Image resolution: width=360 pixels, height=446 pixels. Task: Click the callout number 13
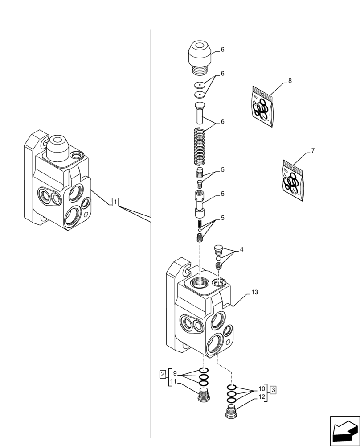[254, 292]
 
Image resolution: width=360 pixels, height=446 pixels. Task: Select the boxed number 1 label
[115, 202]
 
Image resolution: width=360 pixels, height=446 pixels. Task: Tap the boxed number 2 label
[163, 373]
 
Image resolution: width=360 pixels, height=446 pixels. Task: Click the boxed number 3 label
[273, 390]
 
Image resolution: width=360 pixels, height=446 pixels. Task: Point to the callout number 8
[290, 81]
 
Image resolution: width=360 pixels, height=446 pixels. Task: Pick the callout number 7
[313, 151]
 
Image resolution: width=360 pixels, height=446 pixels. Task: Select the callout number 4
[241, 249]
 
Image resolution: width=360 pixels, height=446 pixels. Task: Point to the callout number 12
[262, 397]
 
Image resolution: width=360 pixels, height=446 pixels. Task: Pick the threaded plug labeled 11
[203, 395]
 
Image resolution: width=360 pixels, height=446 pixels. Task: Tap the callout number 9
[175, 373]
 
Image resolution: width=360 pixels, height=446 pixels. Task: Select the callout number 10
[262, 389]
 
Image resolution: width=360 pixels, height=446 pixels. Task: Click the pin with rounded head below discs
[199, 113]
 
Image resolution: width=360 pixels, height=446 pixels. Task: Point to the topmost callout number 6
[222, 50]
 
